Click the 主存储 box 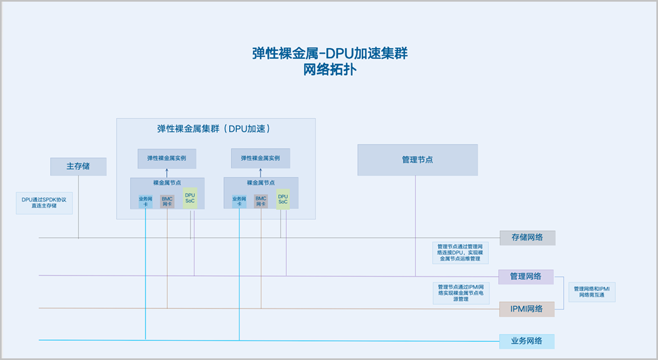click(78, 167)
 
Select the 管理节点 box click(417, 160)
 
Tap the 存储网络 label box click(527, 238)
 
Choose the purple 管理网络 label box click(526, 277)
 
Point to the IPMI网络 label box click(526, 309)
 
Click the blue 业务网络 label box click(526, 341)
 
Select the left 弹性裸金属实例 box click(167, 158)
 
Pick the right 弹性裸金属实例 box click(260, 158)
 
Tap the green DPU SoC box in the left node click(190, 198)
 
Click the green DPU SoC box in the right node click(283, 198)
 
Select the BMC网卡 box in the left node click(167, 201)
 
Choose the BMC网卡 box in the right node click(260, 201)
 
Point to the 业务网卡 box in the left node click(145, 201)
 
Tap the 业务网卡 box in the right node click(239, 201)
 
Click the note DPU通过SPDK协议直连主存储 click(44, 203)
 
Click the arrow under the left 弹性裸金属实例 click(167, 173)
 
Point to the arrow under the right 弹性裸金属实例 click(260, 173)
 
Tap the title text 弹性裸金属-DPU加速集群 click(329, 54)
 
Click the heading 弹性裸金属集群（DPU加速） click(216, 129)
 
